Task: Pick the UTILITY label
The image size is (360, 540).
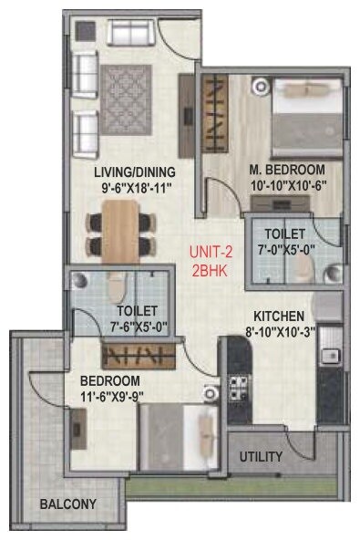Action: click(x=261, y=456)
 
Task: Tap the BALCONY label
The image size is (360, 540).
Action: click(x=67, y=503)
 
